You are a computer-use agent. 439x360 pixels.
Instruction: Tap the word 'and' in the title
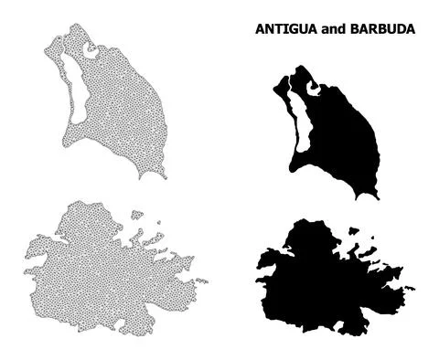coord(335,29)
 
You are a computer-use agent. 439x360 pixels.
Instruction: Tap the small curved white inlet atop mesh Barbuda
coord(90,51)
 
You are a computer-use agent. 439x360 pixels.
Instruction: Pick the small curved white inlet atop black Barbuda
coord(315,88)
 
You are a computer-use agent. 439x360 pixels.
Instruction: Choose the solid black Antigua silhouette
coord(320,274)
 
